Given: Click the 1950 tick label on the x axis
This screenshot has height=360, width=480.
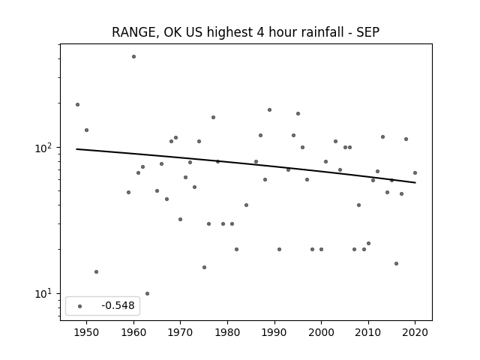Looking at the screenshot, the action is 86,332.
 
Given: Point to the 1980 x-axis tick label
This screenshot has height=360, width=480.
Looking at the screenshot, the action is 227,332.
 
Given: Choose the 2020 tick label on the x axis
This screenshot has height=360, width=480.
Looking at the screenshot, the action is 415,332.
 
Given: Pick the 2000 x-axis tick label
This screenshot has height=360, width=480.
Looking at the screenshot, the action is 321,332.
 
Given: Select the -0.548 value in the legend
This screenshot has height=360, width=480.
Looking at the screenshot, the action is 118,305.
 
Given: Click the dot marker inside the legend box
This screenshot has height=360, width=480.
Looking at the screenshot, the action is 80,306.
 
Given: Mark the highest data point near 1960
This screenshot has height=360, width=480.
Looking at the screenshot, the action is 133,57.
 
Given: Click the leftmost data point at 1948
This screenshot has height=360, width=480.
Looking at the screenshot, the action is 77,105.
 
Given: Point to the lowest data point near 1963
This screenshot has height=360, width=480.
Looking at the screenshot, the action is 147,293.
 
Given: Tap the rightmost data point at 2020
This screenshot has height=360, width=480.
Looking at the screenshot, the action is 415,173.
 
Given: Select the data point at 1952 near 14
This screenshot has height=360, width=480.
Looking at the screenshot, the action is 97,271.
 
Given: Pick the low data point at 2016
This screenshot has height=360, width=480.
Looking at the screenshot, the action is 397,263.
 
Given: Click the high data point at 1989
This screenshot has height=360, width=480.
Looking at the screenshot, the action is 269,110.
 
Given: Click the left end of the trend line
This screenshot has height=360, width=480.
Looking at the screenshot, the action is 76,149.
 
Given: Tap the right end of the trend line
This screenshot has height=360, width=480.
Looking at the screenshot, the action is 415,183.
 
